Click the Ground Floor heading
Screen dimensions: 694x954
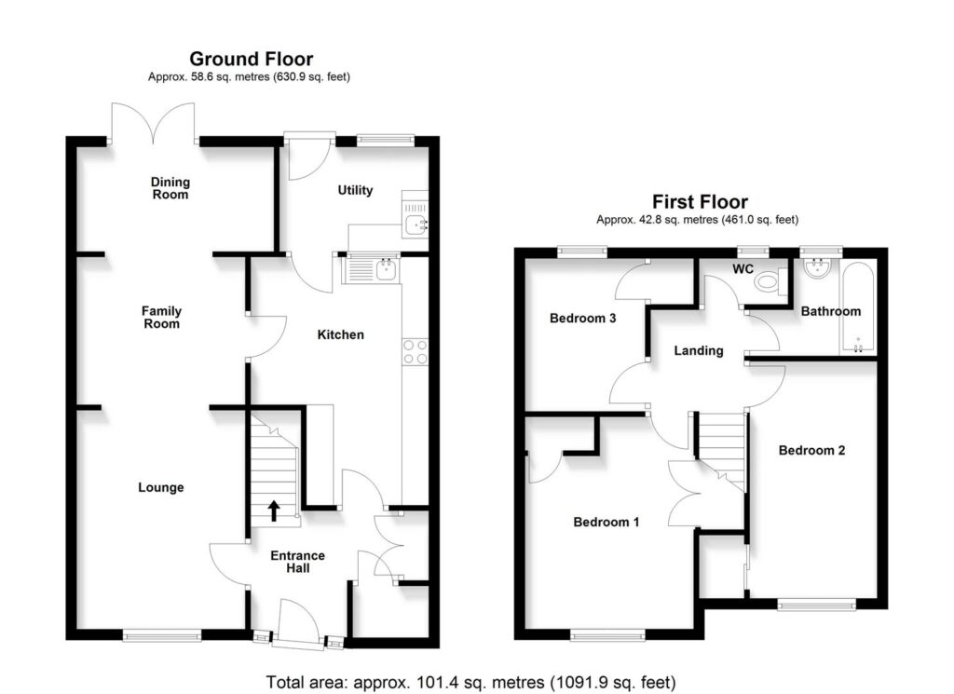(x=252, y=60)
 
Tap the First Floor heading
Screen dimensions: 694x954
(x=699, y=201)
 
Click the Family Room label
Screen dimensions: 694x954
(x=161, y=318)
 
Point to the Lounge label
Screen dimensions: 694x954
(x=160, y=487)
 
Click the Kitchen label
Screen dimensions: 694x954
(x=340, y=334)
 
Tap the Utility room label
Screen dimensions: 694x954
(x=354, y=190)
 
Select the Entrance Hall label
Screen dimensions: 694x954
(x=297, y=563)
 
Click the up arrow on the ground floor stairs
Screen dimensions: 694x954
(x=274, y=510)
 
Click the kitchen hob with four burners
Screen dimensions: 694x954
(x=415, y=351)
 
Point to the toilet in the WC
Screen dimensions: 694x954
(x=766, y=280)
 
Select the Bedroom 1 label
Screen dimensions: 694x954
(x=606, y=522)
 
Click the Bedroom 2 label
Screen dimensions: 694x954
(x=811, y=451)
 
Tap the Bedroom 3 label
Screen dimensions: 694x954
(x=582, y=319)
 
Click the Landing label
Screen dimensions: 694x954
(x=699, y=351)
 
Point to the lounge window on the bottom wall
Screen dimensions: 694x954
(x=161, y=636)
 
